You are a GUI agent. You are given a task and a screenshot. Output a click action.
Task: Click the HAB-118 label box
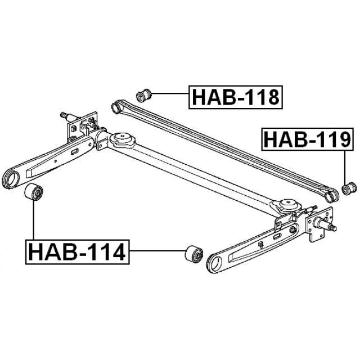(236, 97)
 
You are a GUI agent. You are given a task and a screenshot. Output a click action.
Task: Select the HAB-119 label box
(307, 139)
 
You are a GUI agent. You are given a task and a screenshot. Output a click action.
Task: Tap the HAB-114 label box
(78, 252)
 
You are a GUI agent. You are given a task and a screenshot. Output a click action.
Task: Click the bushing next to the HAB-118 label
(144, 95)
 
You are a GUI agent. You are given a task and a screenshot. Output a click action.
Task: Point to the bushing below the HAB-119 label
(349, 188)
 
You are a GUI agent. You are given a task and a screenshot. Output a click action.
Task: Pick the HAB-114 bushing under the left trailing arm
(34, 192)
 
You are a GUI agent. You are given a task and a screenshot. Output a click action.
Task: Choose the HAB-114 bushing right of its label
(194, 254)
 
